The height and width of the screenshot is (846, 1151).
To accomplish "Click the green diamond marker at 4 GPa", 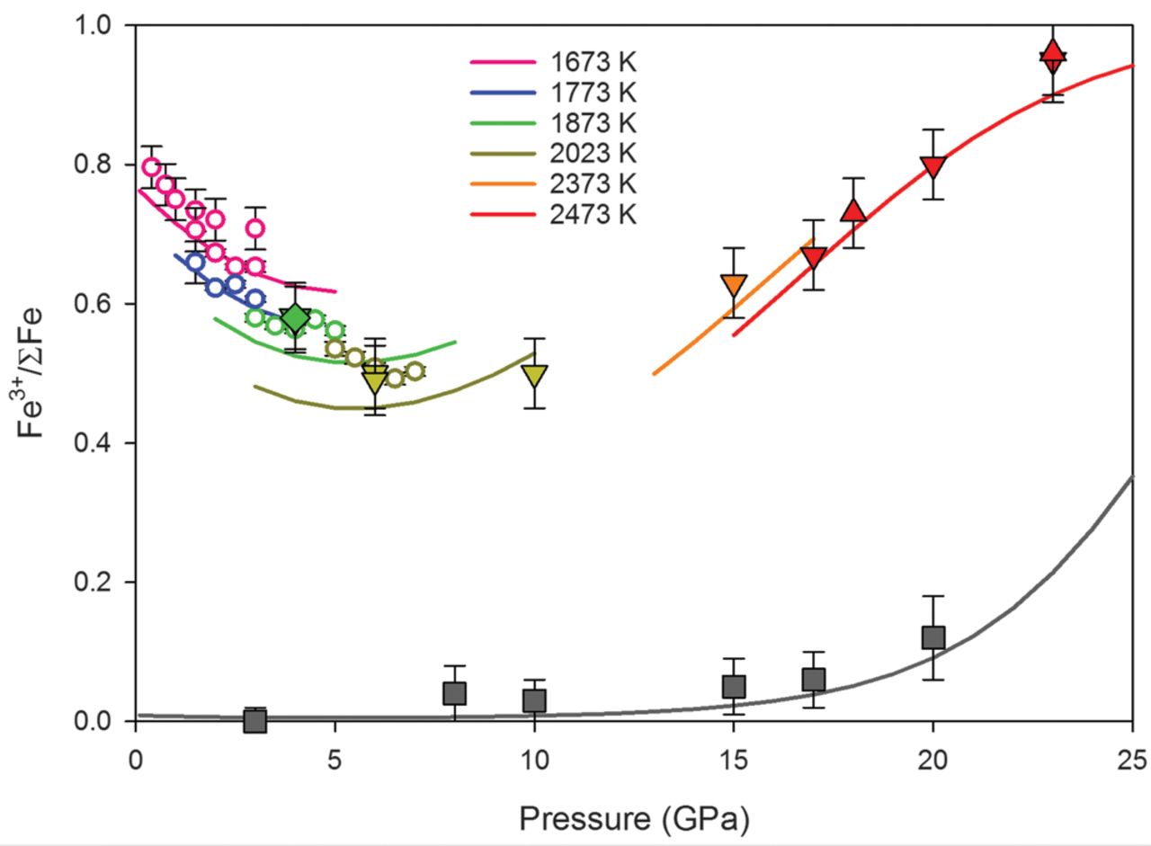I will [x=295, y=319].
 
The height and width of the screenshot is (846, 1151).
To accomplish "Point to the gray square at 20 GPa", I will [x=933, y=637].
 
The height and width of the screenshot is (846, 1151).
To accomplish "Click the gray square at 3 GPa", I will [x=255, y=720].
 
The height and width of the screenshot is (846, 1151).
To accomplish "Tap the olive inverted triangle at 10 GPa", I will [x=535, y=374].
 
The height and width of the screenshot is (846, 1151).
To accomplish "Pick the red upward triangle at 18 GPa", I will [x=853, y=211].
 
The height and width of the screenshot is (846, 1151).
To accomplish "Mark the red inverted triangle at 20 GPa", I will [x=933, y=167].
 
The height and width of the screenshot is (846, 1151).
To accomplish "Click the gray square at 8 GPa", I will [x=454, y=693].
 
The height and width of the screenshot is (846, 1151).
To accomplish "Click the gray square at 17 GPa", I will [x=814, y=679].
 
